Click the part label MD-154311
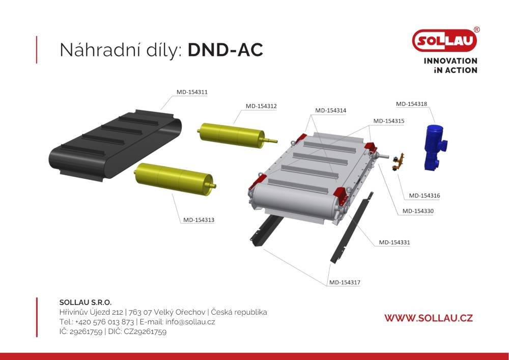pos(192,92)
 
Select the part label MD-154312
pos(261,106)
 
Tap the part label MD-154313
pos(199,220)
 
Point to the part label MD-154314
pos(330,110)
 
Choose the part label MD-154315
pos(388,121)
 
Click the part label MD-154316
pos(425,196)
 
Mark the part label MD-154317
pos(345,283)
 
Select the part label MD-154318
pos(411,104)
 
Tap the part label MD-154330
pos(418,211)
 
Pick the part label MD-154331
pos(394,242)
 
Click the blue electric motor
pos(435,147)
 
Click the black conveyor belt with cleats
pos(115,145)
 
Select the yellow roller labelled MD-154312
pos(237,135)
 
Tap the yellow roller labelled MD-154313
pos(175,179)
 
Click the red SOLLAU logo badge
pos(444,41)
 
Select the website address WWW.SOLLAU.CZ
pos(429,318)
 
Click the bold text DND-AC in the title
pos(225,50)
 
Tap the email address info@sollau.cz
pos(190,322)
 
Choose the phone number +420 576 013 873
pos(104,322)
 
